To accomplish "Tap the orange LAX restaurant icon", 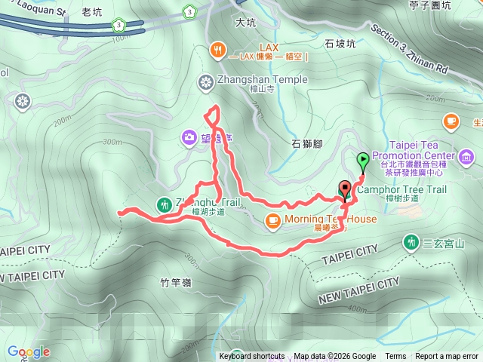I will tap(217, 51).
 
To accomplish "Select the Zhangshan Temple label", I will tap(252, 80).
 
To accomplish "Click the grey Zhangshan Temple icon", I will tap(205, 81).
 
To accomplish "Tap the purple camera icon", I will tap(188, 137).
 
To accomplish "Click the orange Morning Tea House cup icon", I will tap(272, 220).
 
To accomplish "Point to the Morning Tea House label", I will tap(331, 219).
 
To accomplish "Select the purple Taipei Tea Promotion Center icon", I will tap(466, 157).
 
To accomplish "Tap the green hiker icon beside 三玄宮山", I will tap(411, 242).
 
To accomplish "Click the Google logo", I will tap(29, 351).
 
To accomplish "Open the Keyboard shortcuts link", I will tap(252, 357).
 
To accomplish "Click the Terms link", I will tap(395, 357).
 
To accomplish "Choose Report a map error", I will tap(447, 357).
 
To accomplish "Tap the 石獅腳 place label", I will tap(307, 143).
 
